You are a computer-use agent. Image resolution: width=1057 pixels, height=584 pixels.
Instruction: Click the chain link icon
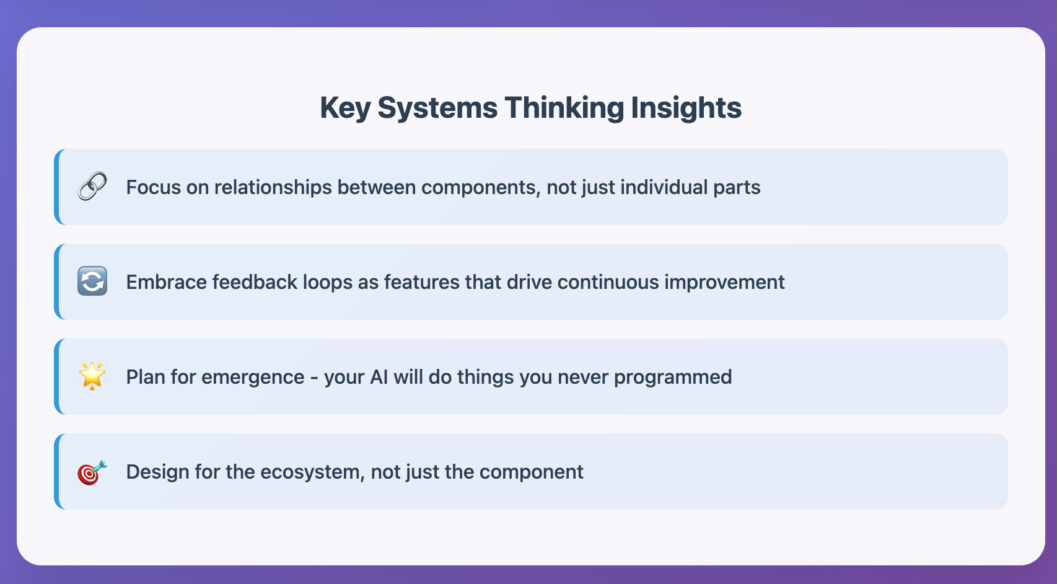(92, 187)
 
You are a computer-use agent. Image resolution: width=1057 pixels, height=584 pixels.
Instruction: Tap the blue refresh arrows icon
(92, 281)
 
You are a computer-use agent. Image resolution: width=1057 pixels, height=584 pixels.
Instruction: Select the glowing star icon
(92, 376)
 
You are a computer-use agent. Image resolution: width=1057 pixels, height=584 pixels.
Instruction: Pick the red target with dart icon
(92, 472)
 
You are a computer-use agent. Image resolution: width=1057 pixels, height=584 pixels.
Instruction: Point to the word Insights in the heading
(686, 108)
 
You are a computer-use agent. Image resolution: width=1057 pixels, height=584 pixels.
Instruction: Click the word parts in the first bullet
(737, 187)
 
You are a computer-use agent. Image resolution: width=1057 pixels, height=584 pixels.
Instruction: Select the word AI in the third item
(379, 377)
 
